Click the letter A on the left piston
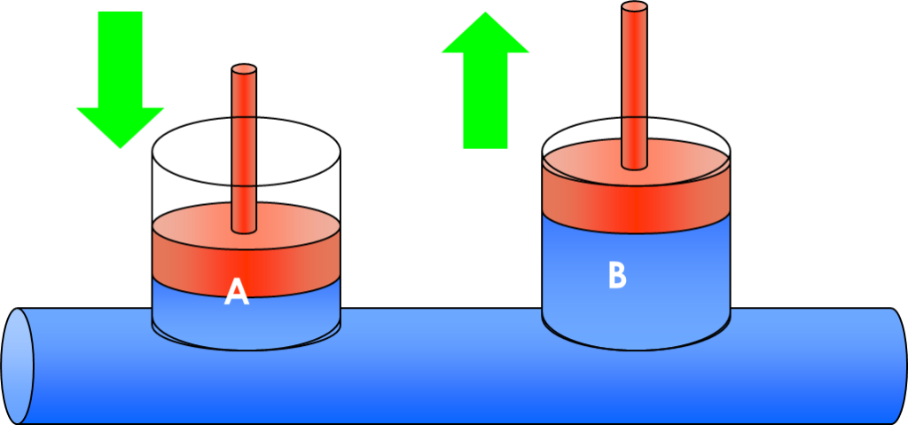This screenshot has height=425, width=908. click(237, 291)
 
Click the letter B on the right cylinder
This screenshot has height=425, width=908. click(617, 275)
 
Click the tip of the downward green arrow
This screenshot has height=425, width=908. click(120, 146)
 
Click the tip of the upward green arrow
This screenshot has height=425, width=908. click(485, 12)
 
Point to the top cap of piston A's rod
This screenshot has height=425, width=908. click(244, 69)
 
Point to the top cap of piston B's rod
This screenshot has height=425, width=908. click(634, 7)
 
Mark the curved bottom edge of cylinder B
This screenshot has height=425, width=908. click(635, 348)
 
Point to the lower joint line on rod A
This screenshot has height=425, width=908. click(244, 185)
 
